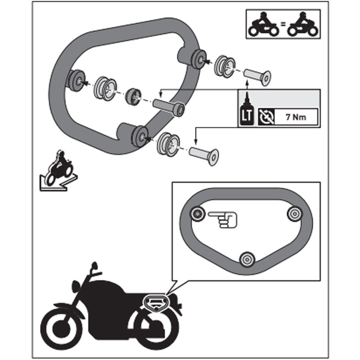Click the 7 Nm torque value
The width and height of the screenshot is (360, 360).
point(296,117)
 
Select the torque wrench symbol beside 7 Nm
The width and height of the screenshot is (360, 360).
point(266,117)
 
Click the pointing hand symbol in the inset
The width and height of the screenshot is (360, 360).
point(222,220)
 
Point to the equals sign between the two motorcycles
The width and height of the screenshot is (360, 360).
point(283,24)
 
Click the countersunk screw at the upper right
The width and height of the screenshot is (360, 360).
point(257,77)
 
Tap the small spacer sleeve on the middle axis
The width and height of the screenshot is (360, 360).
point(133,97)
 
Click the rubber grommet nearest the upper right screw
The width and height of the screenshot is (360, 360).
point(225,66)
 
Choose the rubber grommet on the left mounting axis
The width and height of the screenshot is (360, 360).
point(106,89)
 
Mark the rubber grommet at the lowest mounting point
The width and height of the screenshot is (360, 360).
point(168,144)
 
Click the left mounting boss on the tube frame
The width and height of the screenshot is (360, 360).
point(76,80)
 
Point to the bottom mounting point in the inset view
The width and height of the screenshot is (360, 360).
point(247,260)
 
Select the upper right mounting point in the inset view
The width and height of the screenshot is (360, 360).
point(295,214)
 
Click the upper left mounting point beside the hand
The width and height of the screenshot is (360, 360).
point(198,214)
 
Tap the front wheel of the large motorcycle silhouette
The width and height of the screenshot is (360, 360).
point(62,329)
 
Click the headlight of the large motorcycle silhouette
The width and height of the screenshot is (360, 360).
point(76,287)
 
